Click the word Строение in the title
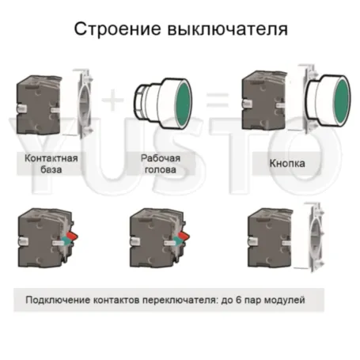click(x=116, y=29)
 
